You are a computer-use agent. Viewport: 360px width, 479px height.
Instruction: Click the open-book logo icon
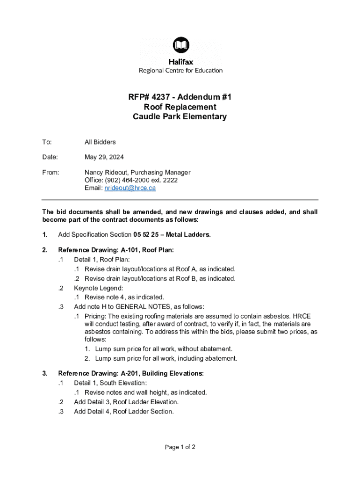pos(180,46)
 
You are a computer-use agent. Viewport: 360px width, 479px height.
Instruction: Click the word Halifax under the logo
pos(180,62)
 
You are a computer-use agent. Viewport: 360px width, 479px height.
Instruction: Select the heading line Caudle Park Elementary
pos(180,117)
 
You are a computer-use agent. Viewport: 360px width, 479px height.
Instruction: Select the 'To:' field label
pos(47,142)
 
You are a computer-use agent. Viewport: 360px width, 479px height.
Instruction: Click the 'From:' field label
pos(51,173)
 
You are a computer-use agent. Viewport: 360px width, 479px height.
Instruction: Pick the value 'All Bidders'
pos(100,142)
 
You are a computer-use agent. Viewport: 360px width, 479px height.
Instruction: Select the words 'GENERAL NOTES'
pos(136,307)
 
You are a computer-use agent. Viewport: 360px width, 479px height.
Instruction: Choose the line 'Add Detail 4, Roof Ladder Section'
pos(124,412)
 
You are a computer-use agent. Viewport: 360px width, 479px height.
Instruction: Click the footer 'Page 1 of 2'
pos(180,447)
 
